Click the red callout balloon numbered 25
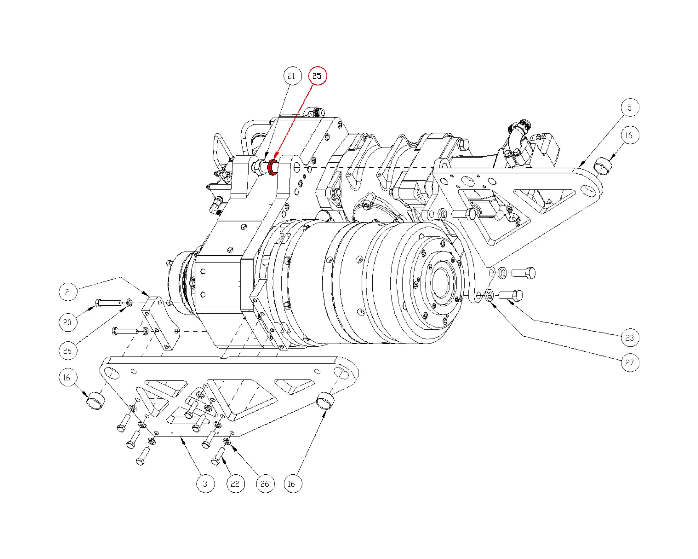click(x=318, y=76)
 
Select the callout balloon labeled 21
click(x=292, y=76)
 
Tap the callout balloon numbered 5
click(x=630, y=108)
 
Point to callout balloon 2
click(x=68, y=292)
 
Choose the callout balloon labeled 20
click(x=68, y=322)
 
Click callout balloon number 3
click(x=205, y=484)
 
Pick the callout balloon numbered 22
click(x=235, y=484)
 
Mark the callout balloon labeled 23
click(x=630, y=338)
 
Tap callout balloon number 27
click(x=630, y=363)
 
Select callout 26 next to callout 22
click(x=265, y=484)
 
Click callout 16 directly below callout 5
click(x=630, y=135)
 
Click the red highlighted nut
click(x=273, y=167)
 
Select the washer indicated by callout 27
click(x=490, y=295)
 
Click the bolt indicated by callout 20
click(x=108, y=303)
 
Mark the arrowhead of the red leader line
click(x=275, y=158)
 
